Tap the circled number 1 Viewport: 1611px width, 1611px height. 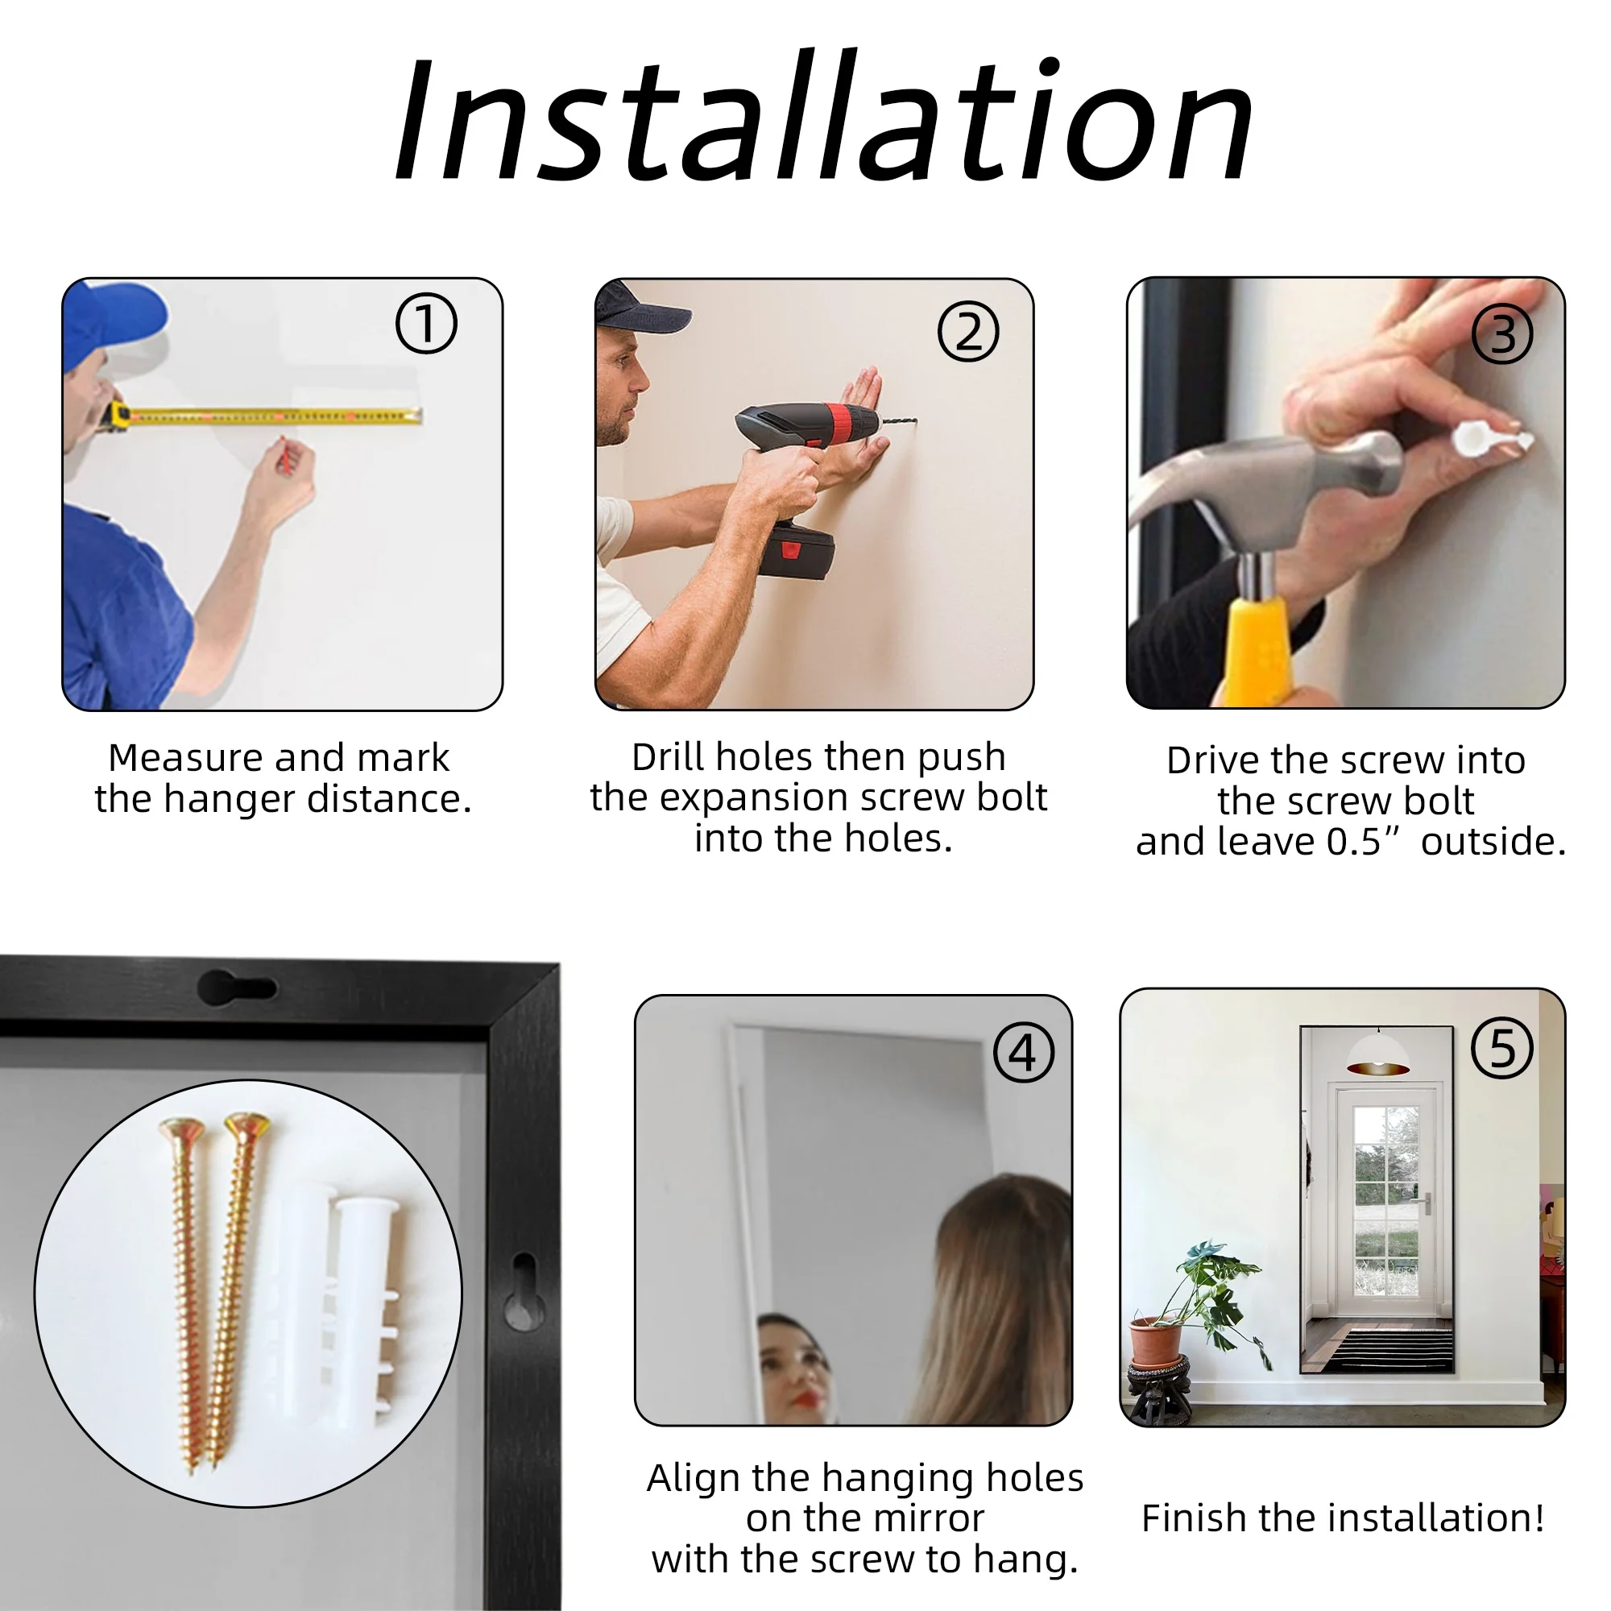tap(426, 324)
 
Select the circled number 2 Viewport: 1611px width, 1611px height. tap(968, 331)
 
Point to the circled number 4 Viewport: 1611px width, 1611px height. tap(1024, 1052)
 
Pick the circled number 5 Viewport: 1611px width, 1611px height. tap(1501, 1047)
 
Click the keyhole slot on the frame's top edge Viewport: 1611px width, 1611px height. tap(237, 987)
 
